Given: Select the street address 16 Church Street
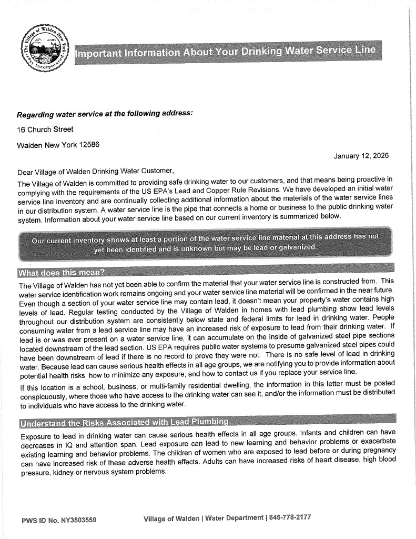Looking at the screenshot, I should point(45,129).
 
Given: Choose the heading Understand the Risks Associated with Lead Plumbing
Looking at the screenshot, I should point(124,422).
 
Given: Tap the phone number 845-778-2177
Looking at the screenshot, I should point(290,517).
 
